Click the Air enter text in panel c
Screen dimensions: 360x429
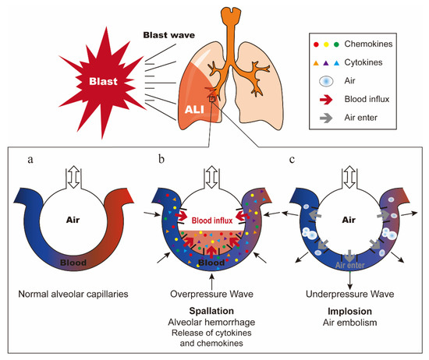coord(343,263)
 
